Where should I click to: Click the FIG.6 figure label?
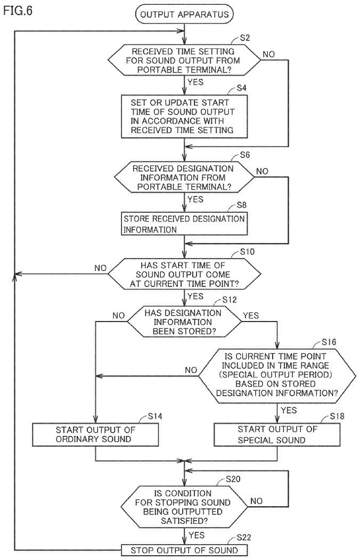(x=18, y=10)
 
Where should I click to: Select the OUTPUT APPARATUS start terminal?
(x=184, y=14)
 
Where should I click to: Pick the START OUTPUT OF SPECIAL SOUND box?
(x=277, y=434)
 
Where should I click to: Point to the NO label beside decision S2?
(x=269, y=54)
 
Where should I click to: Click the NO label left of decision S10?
(x=101, y=268)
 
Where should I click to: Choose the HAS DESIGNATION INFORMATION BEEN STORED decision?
(x=184, y=322)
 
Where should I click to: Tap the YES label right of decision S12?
(x=251, y=315)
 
